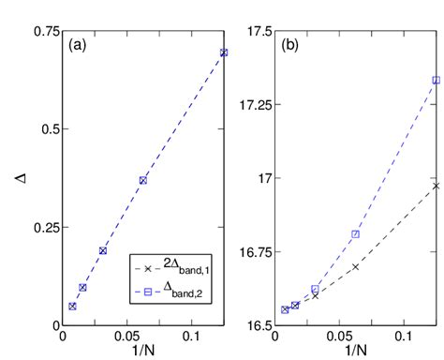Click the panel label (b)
pos(294,44)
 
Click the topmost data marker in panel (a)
pos(224,52)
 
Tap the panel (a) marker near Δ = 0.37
pos(143,180)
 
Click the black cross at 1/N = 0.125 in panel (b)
pos(437,186)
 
